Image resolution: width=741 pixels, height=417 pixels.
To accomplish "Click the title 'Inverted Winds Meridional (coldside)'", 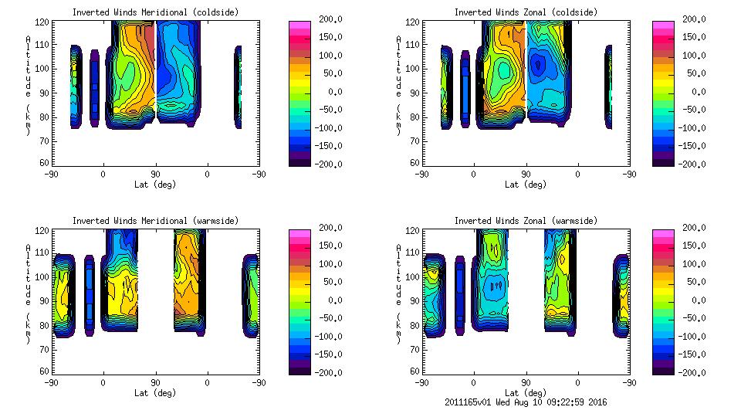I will click(x=155, y=12).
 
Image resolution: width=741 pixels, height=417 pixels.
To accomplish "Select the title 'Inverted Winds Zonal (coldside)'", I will click(x=526, y=12).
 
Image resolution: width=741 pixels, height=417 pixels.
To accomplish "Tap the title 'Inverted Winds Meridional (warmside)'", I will click(x=155, y=220).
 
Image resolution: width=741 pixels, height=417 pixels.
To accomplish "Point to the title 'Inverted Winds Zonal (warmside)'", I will click(x=526, y=220).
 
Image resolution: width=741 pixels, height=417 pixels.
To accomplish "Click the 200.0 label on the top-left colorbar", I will click(x=331, y=19).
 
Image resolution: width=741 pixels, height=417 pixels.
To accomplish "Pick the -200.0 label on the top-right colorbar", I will click(x=695, y=164).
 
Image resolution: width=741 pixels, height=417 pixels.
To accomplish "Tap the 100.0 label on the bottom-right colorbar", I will click(x=695, y=263).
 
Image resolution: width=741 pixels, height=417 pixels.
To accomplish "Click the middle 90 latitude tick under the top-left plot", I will click(x=155, y=174).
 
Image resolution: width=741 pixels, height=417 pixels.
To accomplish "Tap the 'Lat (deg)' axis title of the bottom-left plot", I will click(x=155, y=393).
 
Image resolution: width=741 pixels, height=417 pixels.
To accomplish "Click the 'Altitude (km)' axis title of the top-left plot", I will click(x=28, y=85).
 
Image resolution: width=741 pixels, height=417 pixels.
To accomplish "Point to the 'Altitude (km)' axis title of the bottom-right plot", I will click(x=398, y=293).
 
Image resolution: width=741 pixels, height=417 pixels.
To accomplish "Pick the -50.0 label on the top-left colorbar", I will click(x=331, y=110).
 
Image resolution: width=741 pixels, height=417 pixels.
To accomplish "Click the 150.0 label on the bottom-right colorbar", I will click(x=695, y=246).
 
